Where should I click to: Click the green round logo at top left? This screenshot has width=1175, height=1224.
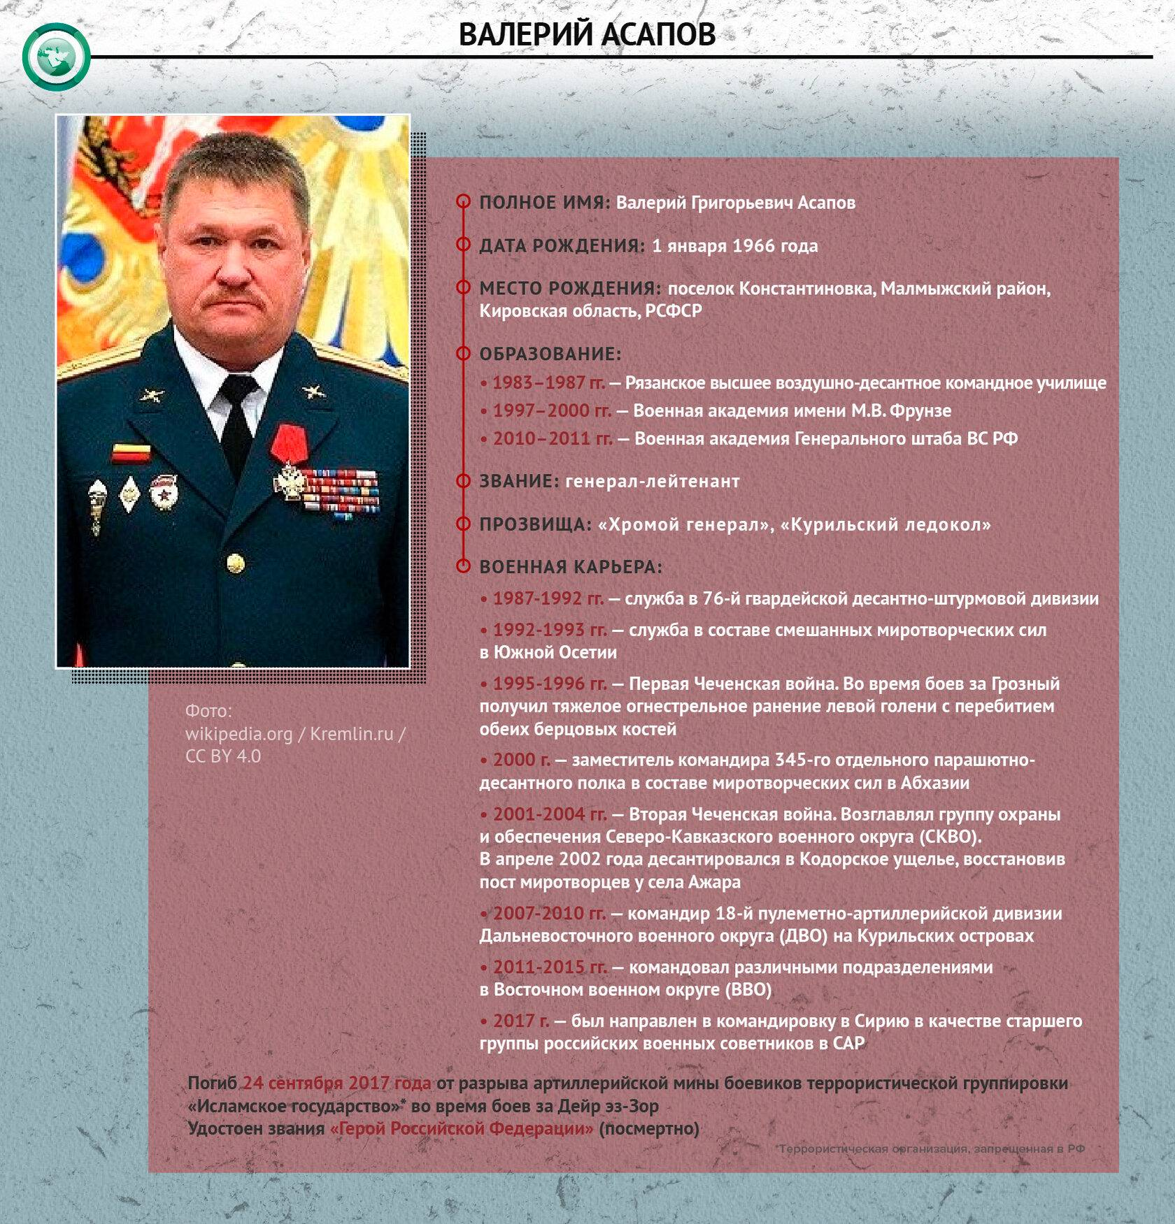point(56,56)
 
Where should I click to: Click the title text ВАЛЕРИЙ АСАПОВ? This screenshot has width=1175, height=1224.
point(587,34)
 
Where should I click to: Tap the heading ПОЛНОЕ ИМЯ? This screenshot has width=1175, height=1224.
point(544,203)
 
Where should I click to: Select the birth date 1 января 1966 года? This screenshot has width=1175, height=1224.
point(734,246)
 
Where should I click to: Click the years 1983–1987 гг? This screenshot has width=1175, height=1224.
point(548,383)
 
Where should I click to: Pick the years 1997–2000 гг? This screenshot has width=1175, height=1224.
point(551,411)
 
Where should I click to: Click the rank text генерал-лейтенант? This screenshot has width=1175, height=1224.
point(652,482)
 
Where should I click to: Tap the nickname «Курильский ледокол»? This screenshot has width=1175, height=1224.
point(885,525)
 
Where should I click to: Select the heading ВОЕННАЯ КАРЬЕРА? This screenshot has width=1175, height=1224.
point(570,567)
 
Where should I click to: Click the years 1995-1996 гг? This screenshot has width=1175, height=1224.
point(549,684)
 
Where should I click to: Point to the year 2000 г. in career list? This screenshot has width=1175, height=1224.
point(521,760)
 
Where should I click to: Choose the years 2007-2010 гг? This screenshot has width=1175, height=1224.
point(549,914)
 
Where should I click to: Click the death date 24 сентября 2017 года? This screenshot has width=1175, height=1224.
point(336,1083)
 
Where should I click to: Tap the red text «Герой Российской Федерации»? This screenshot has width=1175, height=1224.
point(462,1129)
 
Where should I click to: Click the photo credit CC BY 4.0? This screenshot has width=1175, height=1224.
point(223,756)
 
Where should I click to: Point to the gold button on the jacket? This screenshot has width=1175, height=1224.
point(236,561)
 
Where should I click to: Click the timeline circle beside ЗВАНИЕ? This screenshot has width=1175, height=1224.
point(463,481)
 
